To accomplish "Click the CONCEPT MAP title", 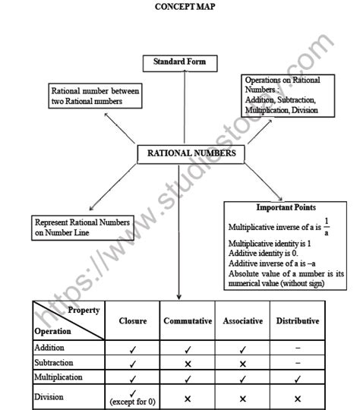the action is pos(180,7).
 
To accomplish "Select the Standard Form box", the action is pos(180,62).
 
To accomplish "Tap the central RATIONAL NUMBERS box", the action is pos(191,154).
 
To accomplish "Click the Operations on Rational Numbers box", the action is pos(280,95).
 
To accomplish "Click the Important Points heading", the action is pos(286,207).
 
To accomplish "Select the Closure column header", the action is pos(133,321).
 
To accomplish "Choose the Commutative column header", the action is pos(188,321).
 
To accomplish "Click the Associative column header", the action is pos(242,321).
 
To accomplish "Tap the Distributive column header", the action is pos(297,321).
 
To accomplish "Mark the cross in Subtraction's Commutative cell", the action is pos(188,363).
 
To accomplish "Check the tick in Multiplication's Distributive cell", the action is pos(297,377).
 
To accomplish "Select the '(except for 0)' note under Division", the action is pos(133,400).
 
